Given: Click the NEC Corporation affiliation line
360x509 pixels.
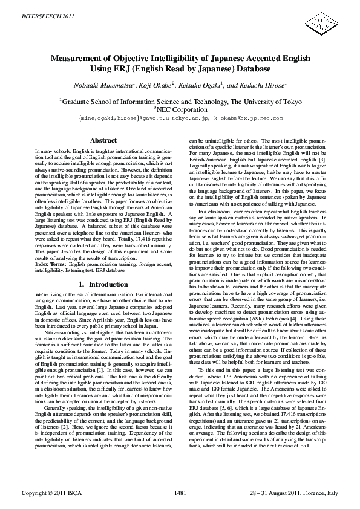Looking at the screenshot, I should click(180, 110).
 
